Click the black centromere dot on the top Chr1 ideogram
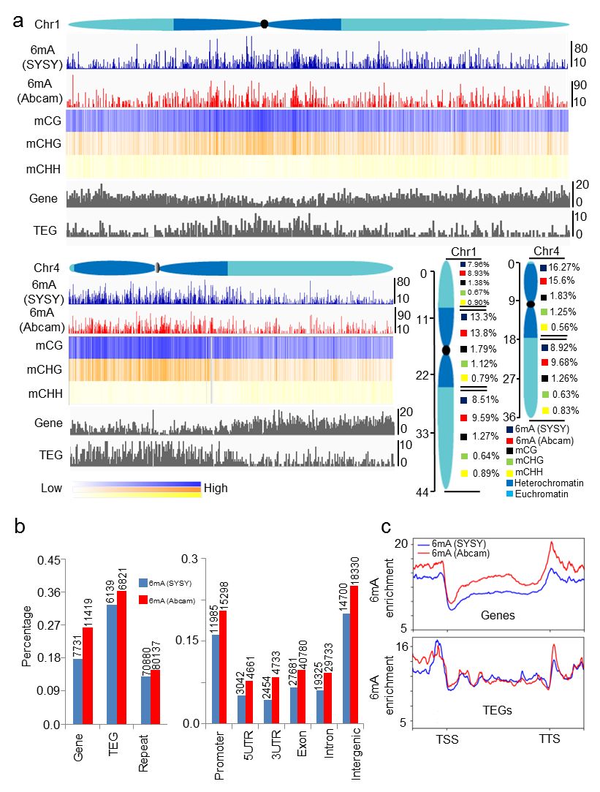pyautogui.click(x=265, y=24)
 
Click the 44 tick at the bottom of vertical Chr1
pyautogui.click(x=422, y=494)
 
